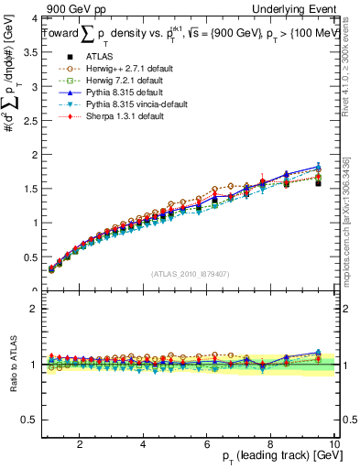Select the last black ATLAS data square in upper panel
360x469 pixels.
(x=318, y=183)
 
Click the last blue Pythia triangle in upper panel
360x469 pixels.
(x=318, y=166)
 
